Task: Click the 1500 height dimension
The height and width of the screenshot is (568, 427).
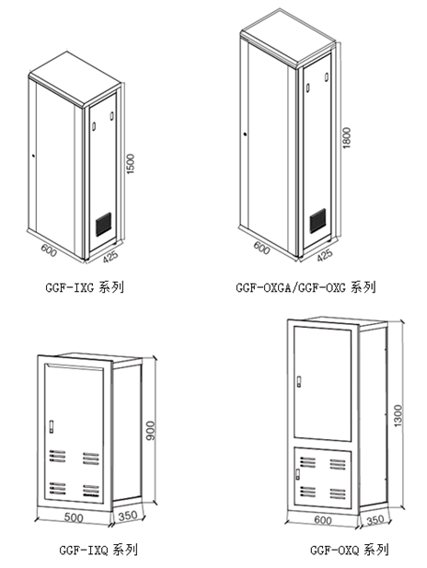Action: click(131, 164)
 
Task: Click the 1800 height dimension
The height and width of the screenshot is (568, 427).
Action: click(347, 138)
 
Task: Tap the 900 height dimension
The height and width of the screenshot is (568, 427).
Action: click(150, 430)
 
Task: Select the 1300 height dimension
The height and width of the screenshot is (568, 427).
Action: click(398, 415)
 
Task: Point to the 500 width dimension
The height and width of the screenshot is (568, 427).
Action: click(74, 517)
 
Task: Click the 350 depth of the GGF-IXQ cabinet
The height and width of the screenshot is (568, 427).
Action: click(128, 516)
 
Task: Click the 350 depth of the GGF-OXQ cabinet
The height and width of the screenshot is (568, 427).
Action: click(375, 520)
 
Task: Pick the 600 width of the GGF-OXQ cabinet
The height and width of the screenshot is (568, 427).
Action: click(323, 520)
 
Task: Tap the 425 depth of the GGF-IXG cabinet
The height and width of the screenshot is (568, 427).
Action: click(110, 257)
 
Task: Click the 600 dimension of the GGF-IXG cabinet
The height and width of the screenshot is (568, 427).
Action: click(49, 250)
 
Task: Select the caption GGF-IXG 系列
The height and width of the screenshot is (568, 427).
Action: click(85, 287)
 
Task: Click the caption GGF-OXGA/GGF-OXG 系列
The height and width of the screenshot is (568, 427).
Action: click(306, 287)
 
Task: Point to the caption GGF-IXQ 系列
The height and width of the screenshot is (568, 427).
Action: click(98, 550)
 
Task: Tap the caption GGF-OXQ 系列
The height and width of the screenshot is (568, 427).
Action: click(350, 550)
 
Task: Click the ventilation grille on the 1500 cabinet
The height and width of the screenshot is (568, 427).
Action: click(104, 225)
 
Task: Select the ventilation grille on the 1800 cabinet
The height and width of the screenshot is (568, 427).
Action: click(317, 221)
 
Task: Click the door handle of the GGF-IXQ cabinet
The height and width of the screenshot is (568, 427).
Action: click(52, 426)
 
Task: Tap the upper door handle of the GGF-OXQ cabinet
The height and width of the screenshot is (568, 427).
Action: click(299, 382)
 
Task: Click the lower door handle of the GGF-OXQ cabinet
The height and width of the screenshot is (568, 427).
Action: click(298, 474)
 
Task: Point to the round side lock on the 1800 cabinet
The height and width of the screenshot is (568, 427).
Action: click(245, 134)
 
